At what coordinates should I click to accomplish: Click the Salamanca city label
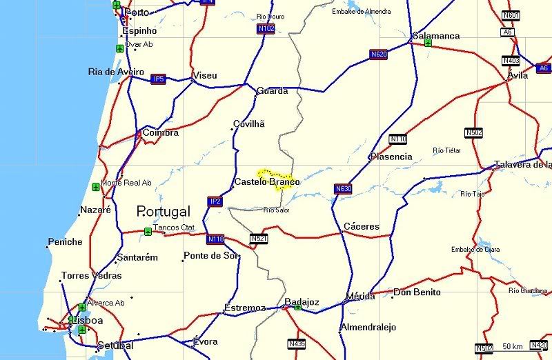click(x=436, y=36)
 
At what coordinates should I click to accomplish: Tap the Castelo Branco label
click(x=267, y=182)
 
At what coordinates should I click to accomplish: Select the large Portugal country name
click(x=164, y=211)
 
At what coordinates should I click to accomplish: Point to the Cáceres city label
click(x=362, y=226)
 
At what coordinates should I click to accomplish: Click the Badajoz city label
click(x=302, y=302)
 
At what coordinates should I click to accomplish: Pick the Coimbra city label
click(x=161, y=132)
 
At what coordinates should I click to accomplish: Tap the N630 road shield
click(x=343, y=189)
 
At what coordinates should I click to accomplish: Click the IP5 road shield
click(x=159, y=79)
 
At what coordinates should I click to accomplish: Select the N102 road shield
click(x=266, y=29)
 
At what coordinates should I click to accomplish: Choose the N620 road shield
click(x=378, y=54)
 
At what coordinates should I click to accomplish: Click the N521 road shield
click(x=259, y=239)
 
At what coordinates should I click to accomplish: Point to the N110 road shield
click(x=398, y=139)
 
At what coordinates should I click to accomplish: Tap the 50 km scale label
click(x=512, y=346)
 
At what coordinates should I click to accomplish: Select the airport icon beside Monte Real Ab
click(x=95, y=187)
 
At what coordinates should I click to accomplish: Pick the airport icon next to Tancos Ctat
click(x=148, y=231)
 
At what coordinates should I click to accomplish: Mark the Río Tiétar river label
click(x=446, y=150)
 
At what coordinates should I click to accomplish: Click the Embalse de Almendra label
click(x=361, y=12)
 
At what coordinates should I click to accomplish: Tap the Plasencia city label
click(x=391, y=157)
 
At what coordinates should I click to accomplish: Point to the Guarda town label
click(x=272, y=91)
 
